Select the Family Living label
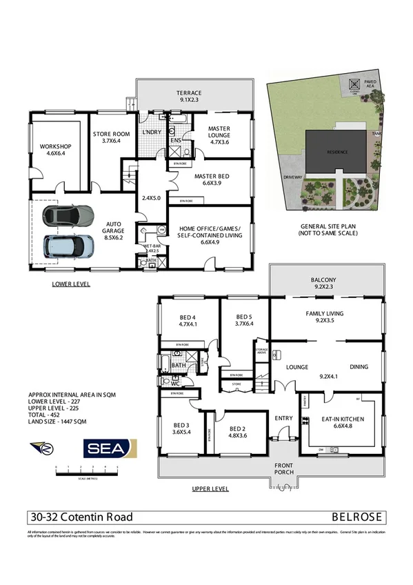[324, 313]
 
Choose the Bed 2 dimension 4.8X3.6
[236, 435]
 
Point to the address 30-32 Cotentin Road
[81, 517]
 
